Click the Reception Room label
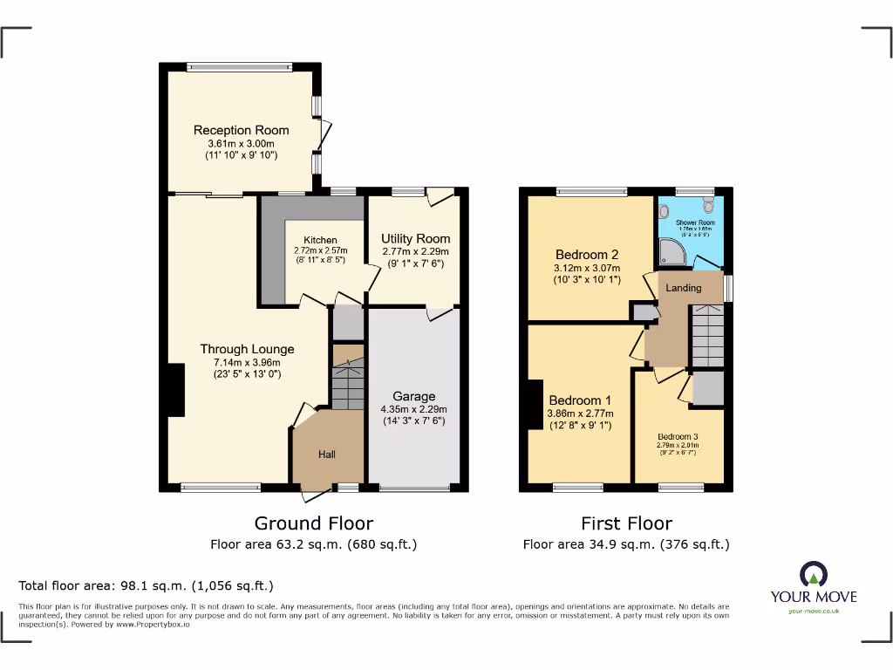click(x=241, y=130)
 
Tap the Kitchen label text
click(x=320, y=240)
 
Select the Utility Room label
click(x=416, y=238)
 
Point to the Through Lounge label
click(x=247, y=349)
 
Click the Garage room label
click(x=413, y=396)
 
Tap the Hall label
click(x=326, y=454)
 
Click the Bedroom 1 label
click(x=580, y=400)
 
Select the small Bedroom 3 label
click(x=678, y=436)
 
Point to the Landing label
click(x=684, y=288)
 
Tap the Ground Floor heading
click(x=313, y=523)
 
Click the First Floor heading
click(x=626, y=523)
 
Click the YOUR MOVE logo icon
click(x=814, y=575)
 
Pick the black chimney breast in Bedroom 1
click(x=532, y=404)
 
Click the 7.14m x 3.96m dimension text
click(x=247, y=362)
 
